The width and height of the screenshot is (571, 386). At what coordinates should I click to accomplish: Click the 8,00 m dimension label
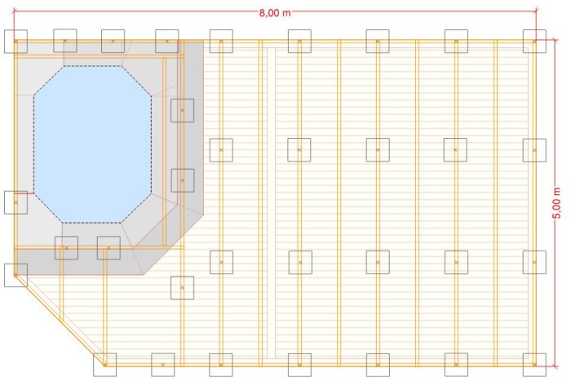point(275,13)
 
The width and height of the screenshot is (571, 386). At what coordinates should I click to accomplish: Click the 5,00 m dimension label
point(557,203)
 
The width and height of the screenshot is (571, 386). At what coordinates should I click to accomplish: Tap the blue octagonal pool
point(92,144)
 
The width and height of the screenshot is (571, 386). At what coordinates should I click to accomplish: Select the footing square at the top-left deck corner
point(15,42)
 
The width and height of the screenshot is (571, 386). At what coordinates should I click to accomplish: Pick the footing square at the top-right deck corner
point(534,41)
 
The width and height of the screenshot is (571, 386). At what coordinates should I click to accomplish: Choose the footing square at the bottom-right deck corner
point(534,365)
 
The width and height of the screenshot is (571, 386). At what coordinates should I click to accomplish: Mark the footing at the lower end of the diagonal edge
point(105,365)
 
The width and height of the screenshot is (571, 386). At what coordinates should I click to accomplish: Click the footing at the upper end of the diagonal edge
point(15,275)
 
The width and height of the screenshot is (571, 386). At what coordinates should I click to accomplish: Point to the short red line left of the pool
point(24,193)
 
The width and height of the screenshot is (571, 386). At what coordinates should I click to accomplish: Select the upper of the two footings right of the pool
point(183,110)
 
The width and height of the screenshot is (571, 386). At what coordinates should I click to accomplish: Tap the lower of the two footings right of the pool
point(183,180)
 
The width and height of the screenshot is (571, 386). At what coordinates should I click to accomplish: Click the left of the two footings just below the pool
point(66,247)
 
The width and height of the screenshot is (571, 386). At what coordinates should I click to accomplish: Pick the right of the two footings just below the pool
point(108,248)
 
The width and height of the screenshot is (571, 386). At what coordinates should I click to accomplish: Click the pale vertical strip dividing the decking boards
point(272,202)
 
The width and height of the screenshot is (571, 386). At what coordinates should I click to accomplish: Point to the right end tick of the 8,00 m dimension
point(536,11)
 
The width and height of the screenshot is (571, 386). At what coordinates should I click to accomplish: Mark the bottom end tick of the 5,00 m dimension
point(555,366)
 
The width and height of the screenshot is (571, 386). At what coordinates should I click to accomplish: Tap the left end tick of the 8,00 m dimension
point(14,11)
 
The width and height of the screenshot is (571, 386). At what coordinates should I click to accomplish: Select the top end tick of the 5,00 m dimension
point(555,40)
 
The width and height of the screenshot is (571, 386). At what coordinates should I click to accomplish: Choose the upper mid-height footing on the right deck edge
point(534,150)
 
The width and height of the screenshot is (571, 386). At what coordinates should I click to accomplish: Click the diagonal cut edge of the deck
point(60,320)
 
